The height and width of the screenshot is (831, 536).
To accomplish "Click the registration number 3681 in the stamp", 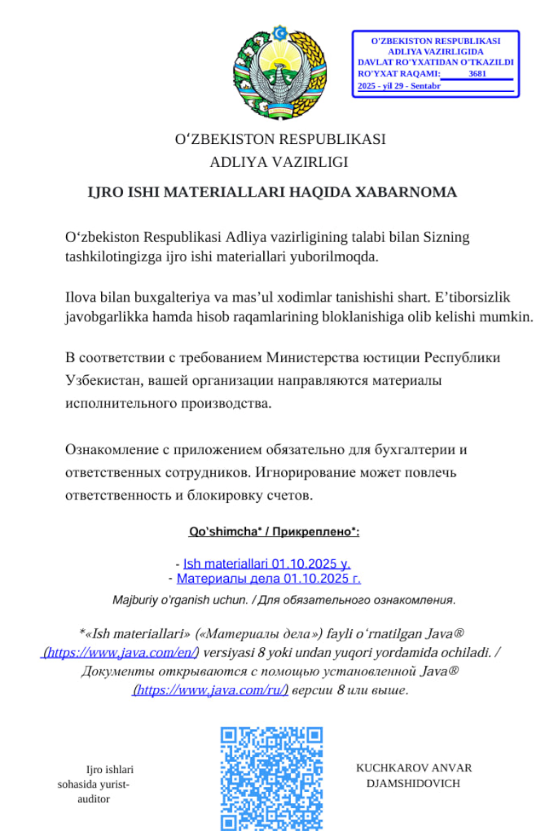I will click(x=478, y=73).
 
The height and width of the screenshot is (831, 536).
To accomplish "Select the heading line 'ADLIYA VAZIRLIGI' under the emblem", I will click(x=279, y=161).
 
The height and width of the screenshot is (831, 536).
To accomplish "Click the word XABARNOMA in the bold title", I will click(x=407, y=193).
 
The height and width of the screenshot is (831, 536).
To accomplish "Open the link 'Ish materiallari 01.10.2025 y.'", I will click(x=267, y=563).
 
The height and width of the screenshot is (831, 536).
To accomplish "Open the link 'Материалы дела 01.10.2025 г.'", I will click(x=268, y=579).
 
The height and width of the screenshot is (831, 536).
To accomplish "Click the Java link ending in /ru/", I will click(x=210, y=690).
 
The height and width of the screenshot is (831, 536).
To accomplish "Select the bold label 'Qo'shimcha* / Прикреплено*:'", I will click(x=274, y=532).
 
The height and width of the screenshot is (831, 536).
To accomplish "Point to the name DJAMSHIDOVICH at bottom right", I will click(x=414, y=783).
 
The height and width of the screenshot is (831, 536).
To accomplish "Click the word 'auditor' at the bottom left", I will click(x=92, y=798).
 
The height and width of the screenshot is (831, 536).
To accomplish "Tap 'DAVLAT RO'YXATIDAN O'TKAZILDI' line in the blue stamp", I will click(x=435, y=62).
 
